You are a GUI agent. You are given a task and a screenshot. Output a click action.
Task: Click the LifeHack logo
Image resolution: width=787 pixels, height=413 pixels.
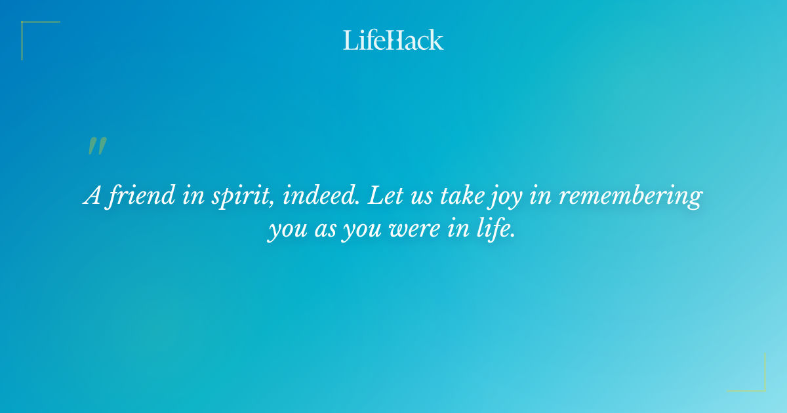tap(393, 41)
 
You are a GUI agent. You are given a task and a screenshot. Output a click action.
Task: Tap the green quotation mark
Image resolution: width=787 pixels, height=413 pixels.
tap(96, 147)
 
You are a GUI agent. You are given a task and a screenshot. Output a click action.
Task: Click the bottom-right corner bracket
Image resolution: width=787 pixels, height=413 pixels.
tap(754, 380)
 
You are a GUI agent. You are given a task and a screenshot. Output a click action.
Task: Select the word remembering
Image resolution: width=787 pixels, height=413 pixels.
tap(630, 196)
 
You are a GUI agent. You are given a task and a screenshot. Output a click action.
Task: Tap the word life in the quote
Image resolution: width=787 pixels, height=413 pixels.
tap(493, 230)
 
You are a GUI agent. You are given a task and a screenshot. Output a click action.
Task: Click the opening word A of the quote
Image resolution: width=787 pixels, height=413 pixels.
tap(91, 196)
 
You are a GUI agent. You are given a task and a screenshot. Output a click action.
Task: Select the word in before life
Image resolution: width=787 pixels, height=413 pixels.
tap(459, 230)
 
